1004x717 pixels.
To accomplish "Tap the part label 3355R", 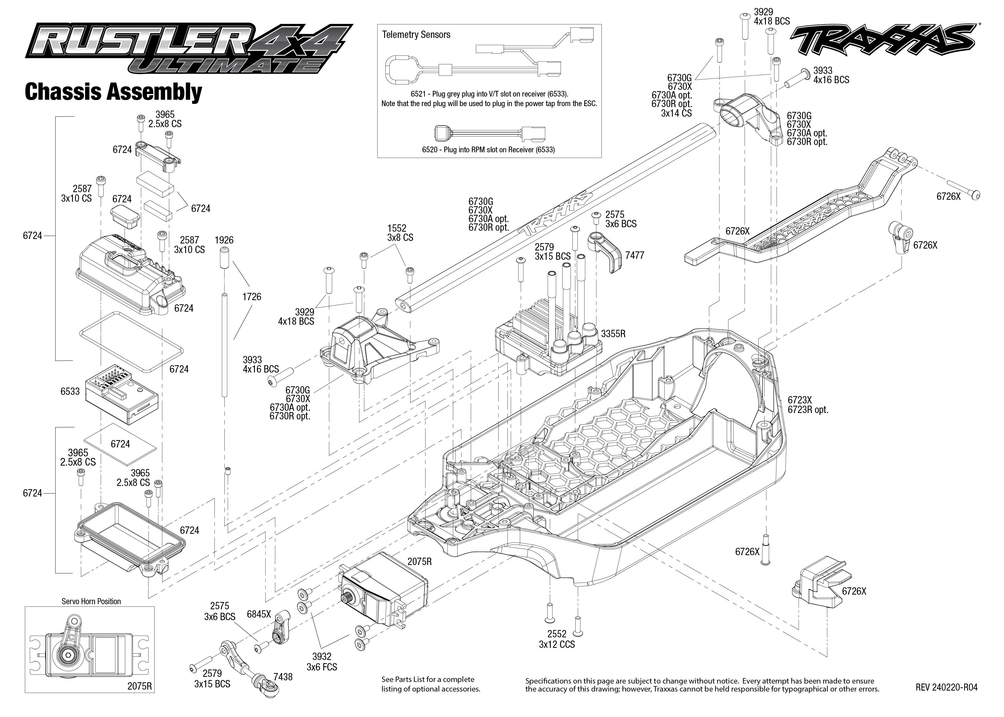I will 613,334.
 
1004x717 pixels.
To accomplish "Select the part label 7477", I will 635,255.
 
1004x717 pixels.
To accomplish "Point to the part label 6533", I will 70,391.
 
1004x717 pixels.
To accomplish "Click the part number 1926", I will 224,240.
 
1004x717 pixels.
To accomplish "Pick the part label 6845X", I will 259,614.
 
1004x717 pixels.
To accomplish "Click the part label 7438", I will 283,677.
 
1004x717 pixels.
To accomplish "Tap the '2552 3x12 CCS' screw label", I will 557,639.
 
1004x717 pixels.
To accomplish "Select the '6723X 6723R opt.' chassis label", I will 808,405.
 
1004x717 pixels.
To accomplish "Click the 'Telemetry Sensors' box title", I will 416,35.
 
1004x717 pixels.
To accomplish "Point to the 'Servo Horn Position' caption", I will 91,601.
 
